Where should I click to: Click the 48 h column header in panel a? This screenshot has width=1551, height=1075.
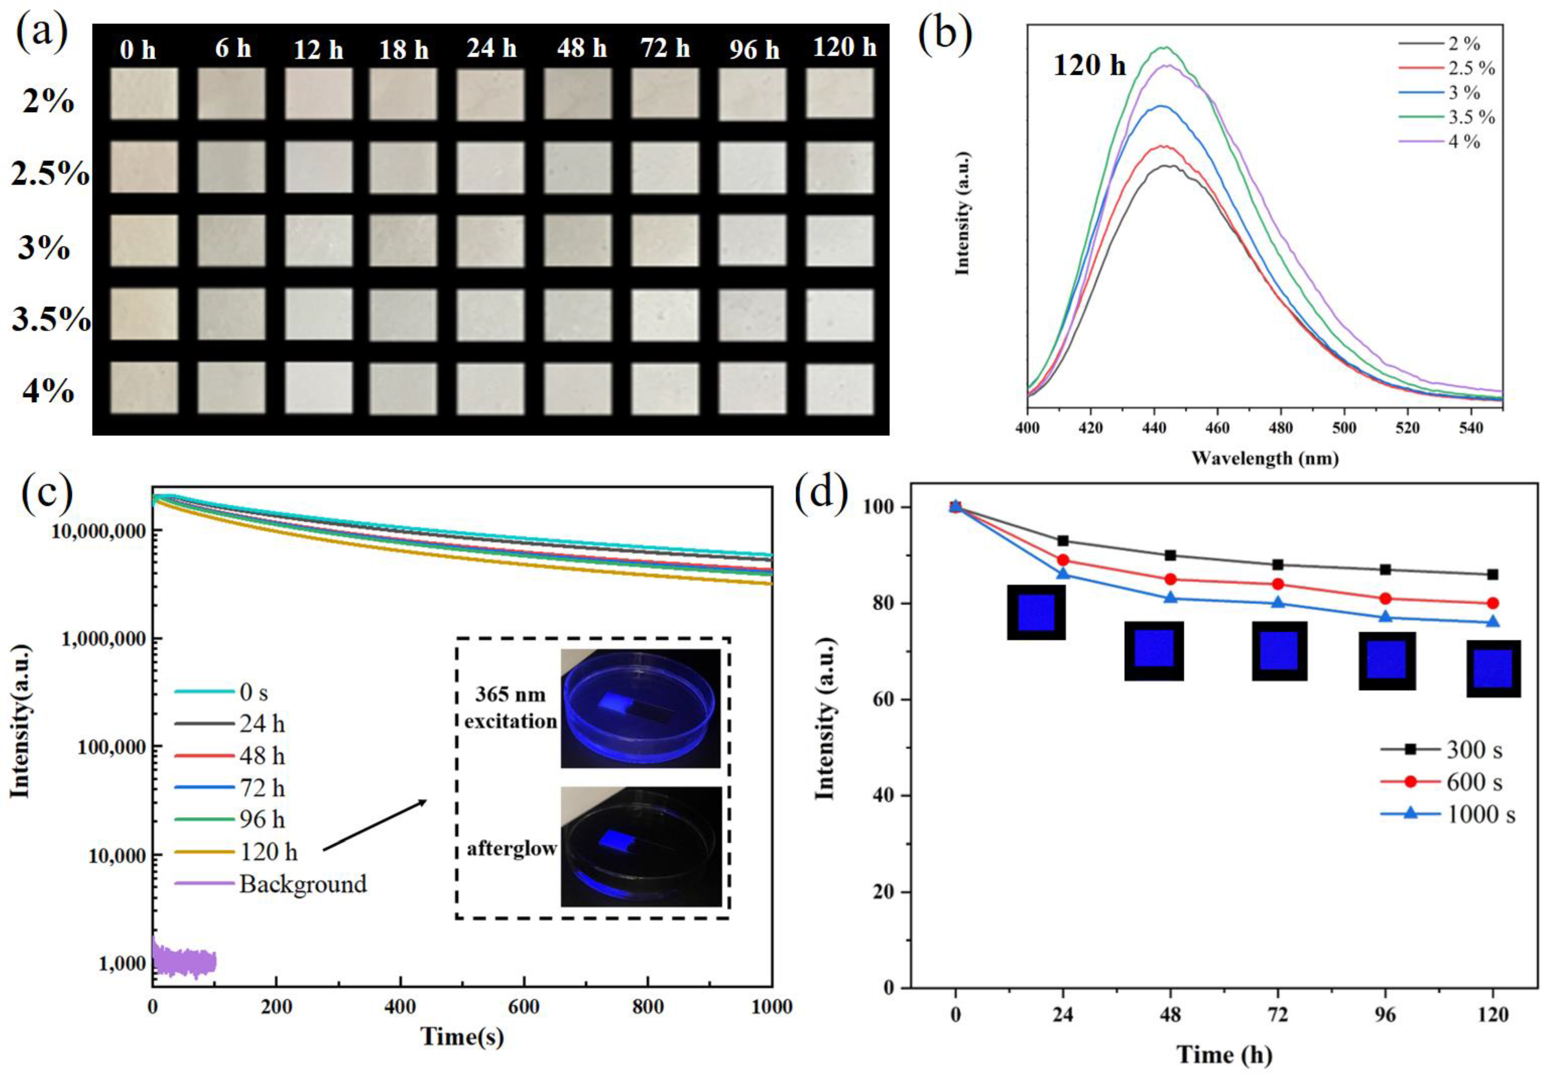(x=581, y=48)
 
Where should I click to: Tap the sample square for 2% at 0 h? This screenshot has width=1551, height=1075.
(x=144, y=94)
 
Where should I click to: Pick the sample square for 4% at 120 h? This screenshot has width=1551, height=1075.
(x=839, y=389)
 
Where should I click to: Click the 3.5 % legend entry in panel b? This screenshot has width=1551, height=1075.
(x=1471, y=117)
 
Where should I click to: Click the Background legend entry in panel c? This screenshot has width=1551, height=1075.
(x=302, y=884)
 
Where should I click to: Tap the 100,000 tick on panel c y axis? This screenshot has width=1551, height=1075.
(x=108, y=747)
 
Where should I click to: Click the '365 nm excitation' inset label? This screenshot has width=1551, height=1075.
(x=510, y=708)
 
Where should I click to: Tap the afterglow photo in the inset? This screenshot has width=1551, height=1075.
(x=640, y=846)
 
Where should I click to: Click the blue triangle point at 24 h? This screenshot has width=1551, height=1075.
(x=1063, y=573)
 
